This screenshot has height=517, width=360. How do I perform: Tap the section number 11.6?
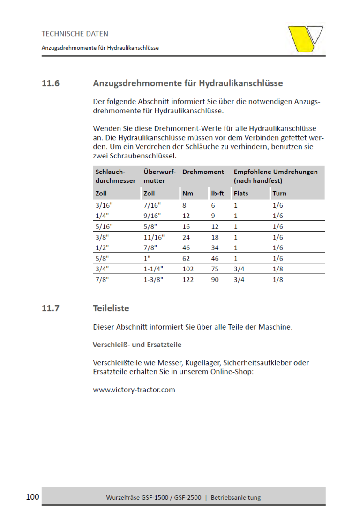click(51, 84)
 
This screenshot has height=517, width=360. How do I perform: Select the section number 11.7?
click(51, 308)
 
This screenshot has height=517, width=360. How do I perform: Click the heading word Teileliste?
click(111, 308)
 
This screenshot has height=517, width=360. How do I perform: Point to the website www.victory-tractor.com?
click(134, 390)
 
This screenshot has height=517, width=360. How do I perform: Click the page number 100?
click(32, 497)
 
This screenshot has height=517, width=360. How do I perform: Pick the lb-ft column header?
click(217, 193)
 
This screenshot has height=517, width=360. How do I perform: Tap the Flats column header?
click(241, 193)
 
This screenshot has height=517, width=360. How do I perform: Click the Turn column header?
click(279, 193)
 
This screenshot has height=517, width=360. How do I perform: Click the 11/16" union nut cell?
click(153, 237)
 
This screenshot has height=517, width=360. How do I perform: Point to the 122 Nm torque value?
click(187, 280)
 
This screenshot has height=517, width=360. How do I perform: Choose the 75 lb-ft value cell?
click(215, 269)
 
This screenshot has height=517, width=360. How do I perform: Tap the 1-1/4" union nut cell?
click(153, 269)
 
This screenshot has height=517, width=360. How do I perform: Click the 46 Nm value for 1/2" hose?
click(186, 247)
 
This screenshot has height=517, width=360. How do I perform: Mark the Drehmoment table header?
click(203, 172)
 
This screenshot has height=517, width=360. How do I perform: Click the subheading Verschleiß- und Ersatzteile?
click(137, 345)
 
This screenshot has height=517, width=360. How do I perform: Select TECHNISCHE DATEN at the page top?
click(75, 34)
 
